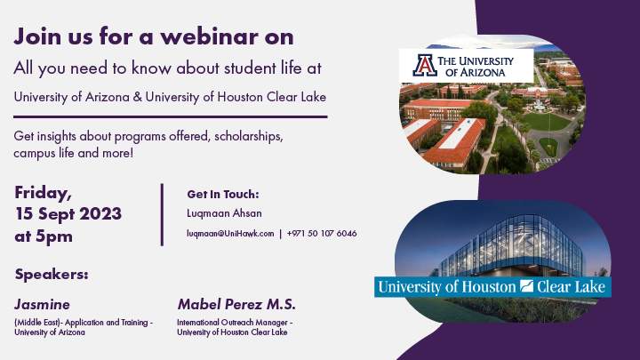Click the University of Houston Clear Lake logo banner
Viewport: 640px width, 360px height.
pyautogui.click(x=492, y=286)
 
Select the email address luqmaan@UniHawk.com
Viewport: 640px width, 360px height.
pyautogui.click(x=230, y=233)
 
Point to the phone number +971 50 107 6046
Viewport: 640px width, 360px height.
pyautogui.click(x=322, y=233)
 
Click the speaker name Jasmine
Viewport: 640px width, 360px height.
pyautogui.click(x=43, y=304)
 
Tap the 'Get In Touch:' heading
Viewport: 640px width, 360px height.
pyautogui.click(x=222, y=194)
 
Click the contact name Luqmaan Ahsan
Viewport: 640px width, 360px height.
pyautogui.click(x=224, y=213)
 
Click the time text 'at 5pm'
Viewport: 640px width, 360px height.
pyautogui.click(x=44, y=236)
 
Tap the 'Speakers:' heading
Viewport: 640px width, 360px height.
pyautogui.click(x=52, y=274)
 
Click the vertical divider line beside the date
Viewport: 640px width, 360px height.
pyautogui.click(x=162, y=213)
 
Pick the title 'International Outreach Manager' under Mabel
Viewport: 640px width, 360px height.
pyautogui.click(x=234, y=322)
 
